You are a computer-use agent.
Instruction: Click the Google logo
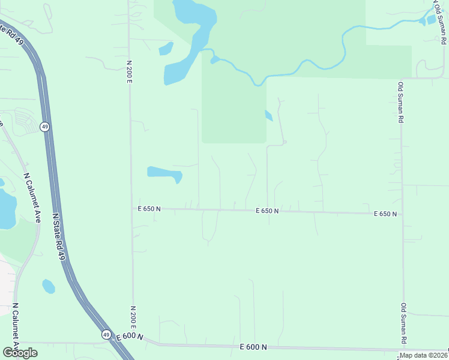pos(20,353)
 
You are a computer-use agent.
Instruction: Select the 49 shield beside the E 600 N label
pos(106,334)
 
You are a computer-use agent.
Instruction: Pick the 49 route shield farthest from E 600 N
pos(45,127)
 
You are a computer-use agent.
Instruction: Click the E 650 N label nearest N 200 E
pos(149,209)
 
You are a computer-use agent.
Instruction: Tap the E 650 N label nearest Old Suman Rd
pos(385,214)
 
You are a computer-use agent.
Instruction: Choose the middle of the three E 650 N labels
pos(267,211)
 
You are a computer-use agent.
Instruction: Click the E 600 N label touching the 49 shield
pos(130,337)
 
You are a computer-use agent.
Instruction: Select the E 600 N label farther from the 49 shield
pos(252,347)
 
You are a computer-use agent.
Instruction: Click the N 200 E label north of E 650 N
pos(129,71)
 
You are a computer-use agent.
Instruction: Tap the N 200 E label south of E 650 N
pos(131,318)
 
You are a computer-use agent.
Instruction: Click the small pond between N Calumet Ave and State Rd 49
pos(49,287)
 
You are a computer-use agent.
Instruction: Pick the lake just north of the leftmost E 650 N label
pos(164,174)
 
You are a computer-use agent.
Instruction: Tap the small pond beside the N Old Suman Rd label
pos(431,20)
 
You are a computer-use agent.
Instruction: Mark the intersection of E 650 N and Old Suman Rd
pos(402,214)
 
